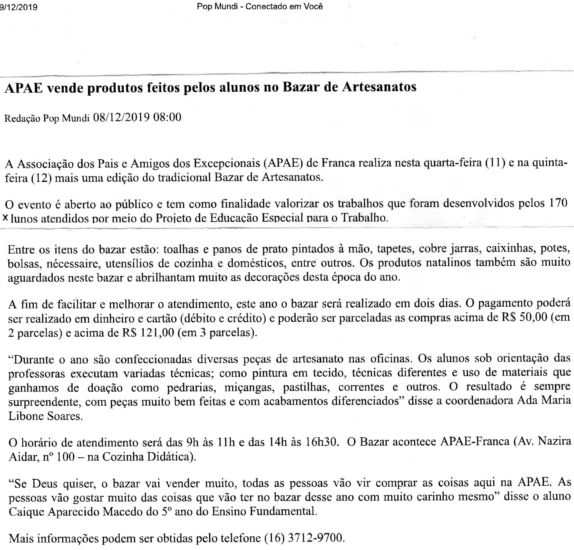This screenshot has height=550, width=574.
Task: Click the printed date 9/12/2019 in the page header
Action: [x=18, y=7]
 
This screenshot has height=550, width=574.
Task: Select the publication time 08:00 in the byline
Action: [x=167, y=118]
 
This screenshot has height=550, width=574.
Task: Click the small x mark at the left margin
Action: [x=5, y=218]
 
